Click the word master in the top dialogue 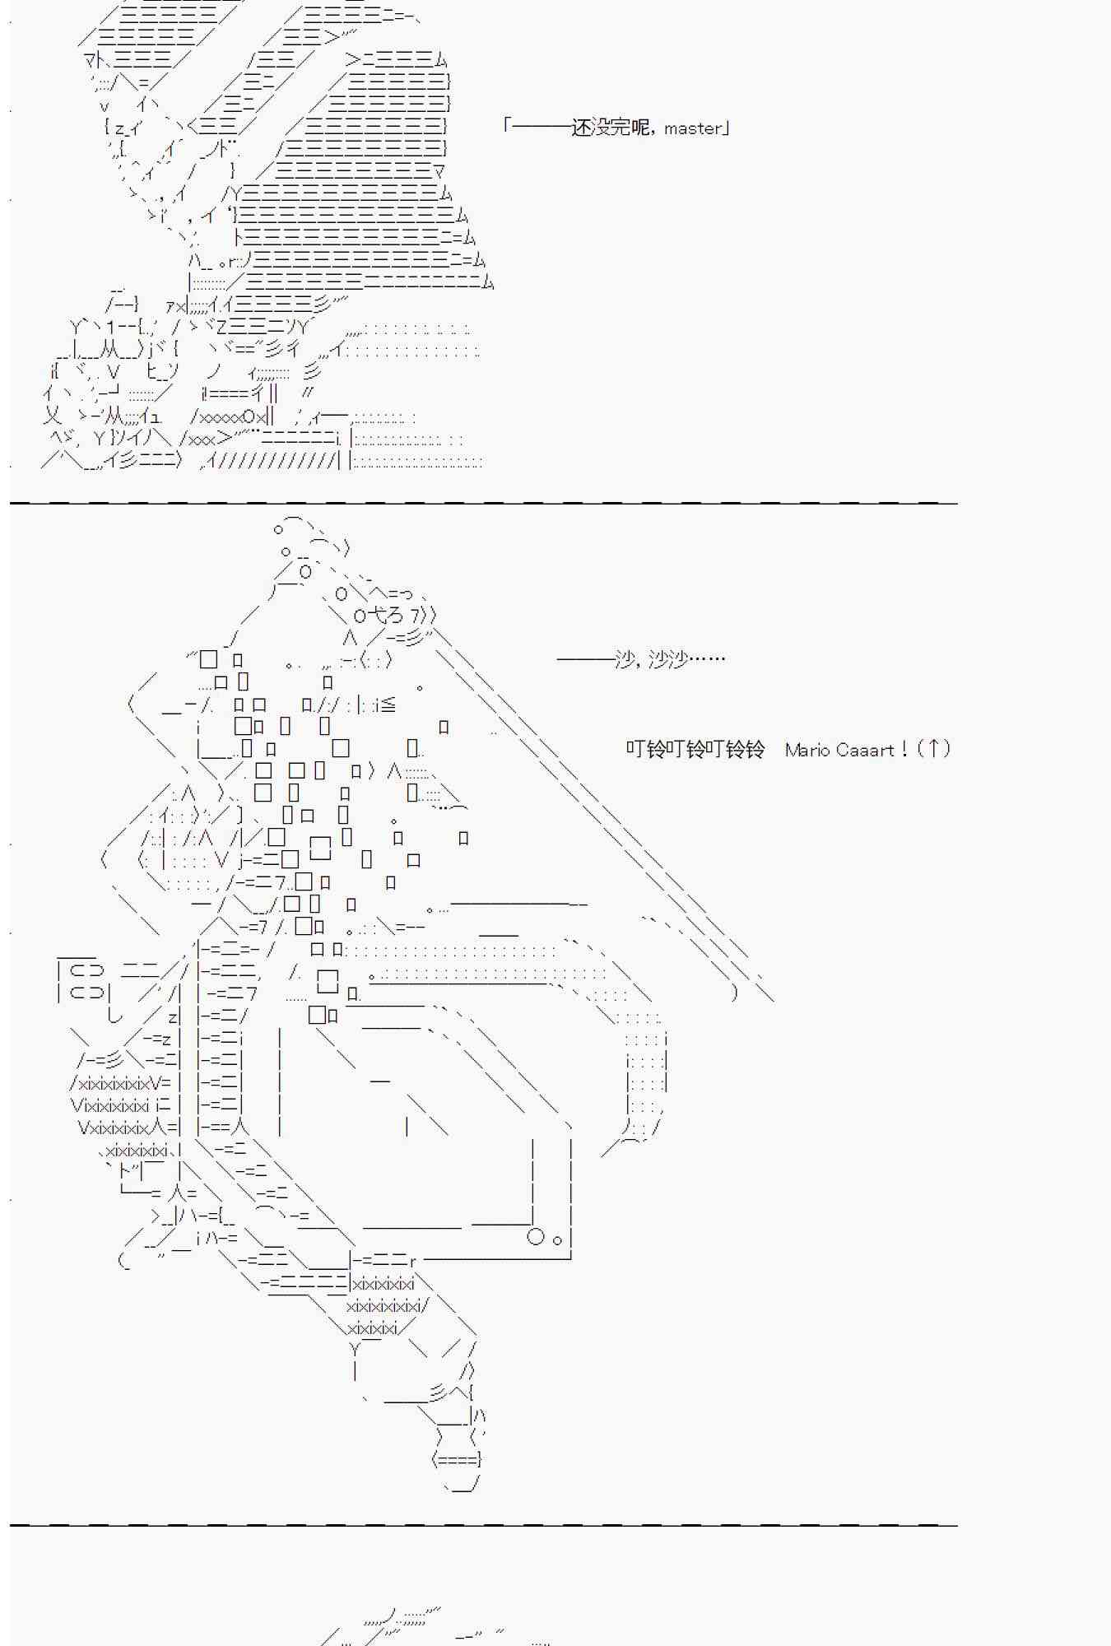tap(693, 128)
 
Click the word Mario tap(805, 750)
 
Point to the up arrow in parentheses tap(933, 748)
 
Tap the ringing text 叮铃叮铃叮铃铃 tap(695, 749)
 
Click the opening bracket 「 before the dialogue tap(509, 126)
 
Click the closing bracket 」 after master tap(726, 128)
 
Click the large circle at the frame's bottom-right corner tap(536, 1236)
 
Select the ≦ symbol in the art tap(388, 704)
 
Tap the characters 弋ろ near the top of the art tap(388, 616)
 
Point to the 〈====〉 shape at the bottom tap(456, 1459)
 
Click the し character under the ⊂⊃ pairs tap(114, 1016)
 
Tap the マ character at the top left tap(91, 59)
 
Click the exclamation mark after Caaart tap(904, 749)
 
